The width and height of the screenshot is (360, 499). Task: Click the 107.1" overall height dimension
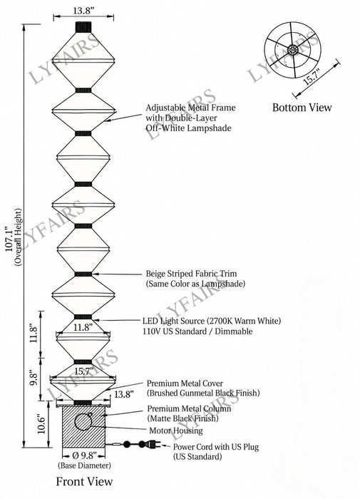10,239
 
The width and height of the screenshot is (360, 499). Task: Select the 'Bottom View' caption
302,108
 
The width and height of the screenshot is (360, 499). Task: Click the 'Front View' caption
84,481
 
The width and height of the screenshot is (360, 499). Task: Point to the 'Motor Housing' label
176,431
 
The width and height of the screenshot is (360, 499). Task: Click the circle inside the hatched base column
83,422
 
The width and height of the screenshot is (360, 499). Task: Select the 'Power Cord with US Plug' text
216,447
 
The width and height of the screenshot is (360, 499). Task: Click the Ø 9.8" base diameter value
84,456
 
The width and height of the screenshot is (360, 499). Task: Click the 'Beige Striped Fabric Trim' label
191,273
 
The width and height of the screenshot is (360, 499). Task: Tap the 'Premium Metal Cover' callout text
185,384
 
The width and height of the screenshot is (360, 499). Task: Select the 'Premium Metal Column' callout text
189,408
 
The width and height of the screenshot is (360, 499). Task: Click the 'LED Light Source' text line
212,321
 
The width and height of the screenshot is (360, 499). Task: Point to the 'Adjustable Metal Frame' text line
190,108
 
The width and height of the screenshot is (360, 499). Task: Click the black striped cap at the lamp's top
83,27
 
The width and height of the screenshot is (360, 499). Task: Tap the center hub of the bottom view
292,50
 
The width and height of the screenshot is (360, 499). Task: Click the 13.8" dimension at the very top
83,11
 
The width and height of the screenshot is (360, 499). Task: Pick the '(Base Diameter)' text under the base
84,465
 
